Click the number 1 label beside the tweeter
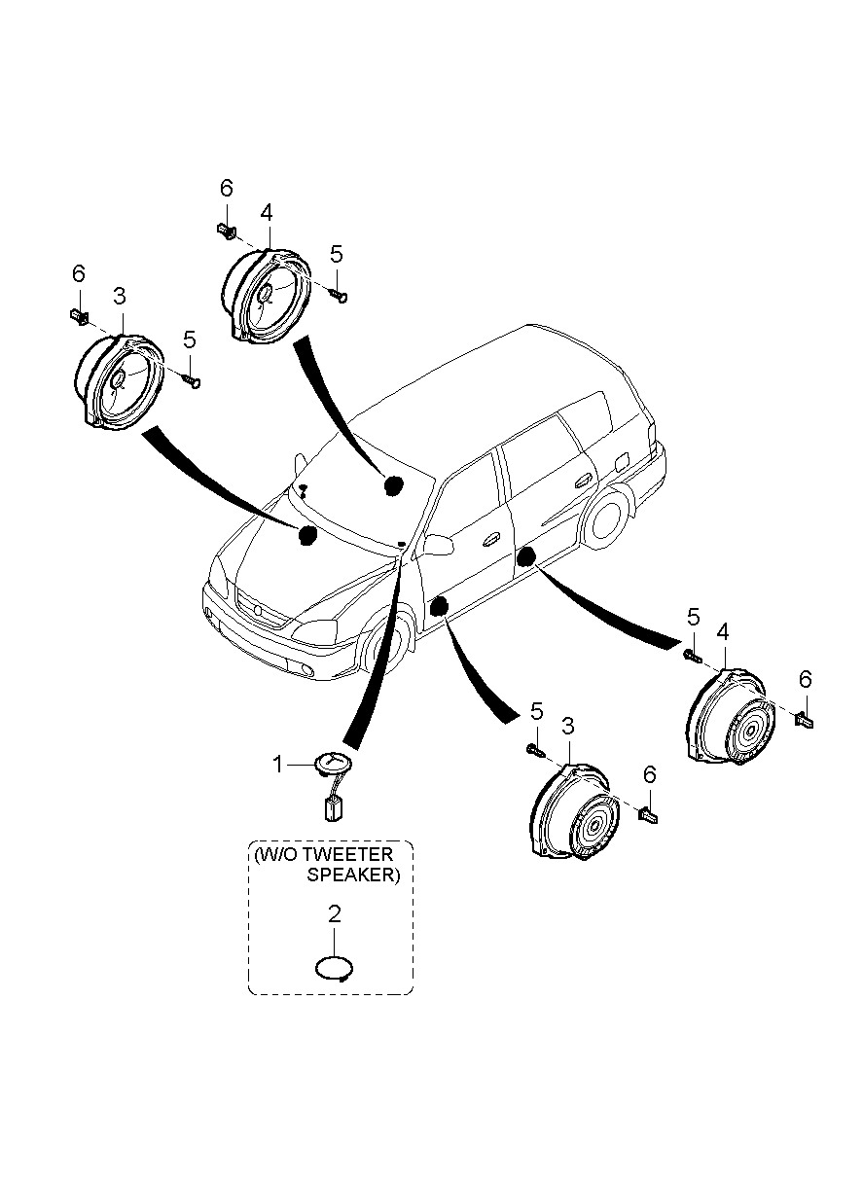point(277,766)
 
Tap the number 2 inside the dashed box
point(334,914)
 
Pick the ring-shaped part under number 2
point(334,969)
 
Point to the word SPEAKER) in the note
point(353,875)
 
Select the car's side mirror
point(438,544)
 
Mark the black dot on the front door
point(438,606)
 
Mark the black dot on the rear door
point(526,556)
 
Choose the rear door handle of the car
point(584,479)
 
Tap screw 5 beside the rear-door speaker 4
point(693,655)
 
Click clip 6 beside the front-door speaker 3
point(649,814)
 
